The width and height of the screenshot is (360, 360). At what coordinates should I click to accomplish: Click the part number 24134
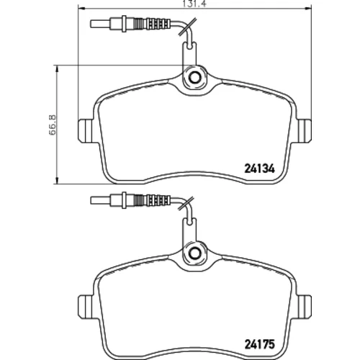[x=259, y=168]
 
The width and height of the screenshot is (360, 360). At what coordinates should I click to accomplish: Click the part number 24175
[x=259, y=344]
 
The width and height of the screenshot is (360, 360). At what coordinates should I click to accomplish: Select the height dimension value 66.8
[x=53, y=125]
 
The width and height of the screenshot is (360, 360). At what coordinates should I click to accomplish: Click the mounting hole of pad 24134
[x=194, y=77]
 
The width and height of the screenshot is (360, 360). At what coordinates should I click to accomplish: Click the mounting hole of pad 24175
[x=194, y=252]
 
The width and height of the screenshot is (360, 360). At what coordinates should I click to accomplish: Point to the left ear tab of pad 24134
[x=86, y=131]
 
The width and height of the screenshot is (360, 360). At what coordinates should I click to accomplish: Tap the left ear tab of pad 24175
[x=86, y=307]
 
